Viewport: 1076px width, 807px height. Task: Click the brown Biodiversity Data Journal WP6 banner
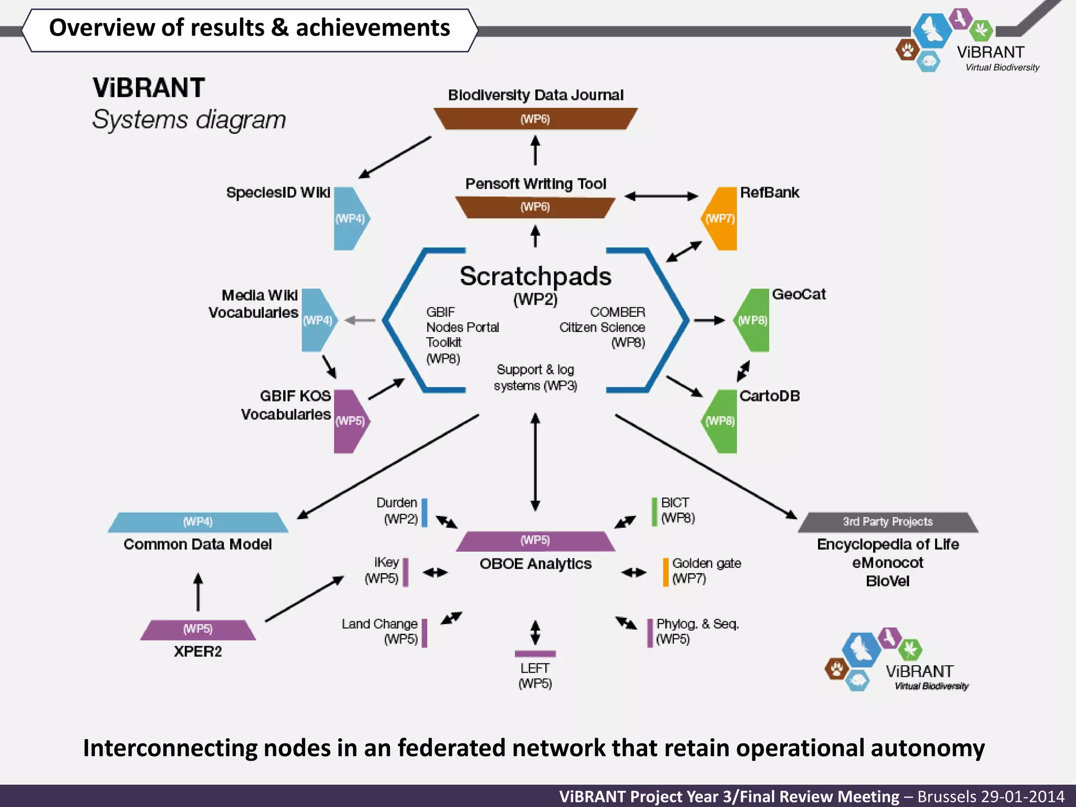click(535, 119)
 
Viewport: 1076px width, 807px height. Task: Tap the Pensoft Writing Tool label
click(535, 184)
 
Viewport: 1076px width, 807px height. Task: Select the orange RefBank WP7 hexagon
click(721, 218)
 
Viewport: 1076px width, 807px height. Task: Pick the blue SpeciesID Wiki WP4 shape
click(350, 218)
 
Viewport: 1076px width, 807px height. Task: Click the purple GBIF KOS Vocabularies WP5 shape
click(350, 421)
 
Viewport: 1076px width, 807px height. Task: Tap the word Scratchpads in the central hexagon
click(535, 276)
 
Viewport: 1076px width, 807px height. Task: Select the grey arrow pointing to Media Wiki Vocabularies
click(360, 320)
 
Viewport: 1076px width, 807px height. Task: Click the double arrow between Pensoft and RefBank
click(661, 196)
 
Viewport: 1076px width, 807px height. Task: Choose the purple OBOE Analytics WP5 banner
click(535, 541)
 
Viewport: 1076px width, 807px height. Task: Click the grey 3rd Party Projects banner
click(888, 522)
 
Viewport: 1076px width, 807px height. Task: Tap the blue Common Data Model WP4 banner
click(198, 522)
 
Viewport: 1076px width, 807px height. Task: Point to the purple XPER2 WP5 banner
click(198, 629)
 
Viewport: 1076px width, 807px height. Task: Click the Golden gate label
click(707, 563)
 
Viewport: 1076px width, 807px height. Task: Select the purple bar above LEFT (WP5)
click(535, 654)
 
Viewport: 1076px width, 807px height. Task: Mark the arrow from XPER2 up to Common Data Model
click(198, 592)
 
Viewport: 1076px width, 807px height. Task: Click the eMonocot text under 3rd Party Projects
click(888, 563)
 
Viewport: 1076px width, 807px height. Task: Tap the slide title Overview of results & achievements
click(250, 28)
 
